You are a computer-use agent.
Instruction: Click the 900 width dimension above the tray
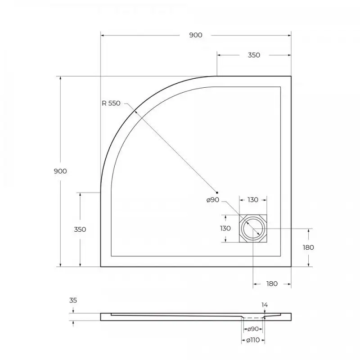[x=195, y=35]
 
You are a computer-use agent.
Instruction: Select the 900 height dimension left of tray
[x=60, y=171]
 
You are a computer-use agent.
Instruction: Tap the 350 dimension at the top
[x=254, y=55]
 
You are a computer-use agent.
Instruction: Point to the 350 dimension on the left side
[x=80, y=229]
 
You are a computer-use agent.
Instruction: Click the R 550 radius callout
[x=111, y=103]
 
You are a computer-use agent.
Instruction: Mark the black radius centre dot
[x=217, y=192]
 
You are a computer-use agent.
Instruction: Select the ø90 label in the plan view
[x=212, y=200]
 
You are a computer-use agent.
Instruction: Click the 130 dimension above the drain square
[x=252, y=200]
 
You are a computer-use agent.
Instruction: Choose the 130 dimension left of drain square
[x=225, y=228]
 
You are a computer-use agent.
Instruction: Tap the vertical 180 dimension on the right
[x=308, y=247]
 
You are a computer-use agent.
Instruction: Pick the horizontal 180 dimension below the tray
[x=272, y=283]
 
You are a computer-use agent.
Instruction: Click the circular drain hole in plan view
[x=253, y=229]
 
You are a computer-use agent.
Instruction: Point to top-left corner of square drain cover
[x=239, y=215]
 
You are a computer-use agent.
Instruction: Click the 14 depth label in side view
[x=265, y=305]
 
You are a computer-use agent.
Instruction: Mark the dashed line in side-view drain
[x=253, y=318]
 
